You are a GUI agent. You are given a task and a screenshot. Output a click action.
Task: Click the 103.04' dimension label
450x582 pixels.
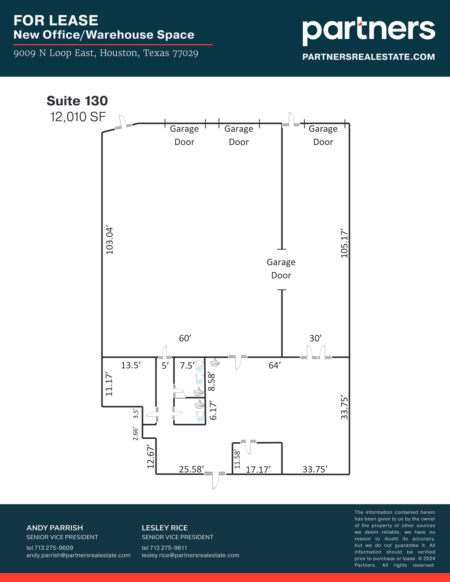109,241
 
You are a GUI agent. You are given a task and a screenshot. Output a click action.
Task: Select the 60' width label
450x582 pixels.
185,338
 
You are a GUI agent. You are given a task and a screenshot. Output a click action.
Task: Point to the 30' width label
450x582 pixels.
315,338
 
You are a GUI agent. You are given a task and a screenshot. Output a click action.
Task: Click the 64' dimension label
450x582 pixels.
275,365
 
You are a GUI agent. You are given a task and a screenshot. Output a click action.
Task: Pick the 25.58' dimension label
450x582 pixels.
191,469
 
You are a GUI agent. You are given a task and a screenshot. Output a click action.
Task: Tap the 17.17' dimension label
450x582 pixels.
258,469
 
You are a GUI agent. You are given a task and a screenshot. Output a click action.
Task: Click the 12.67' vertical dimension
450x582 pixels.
151,456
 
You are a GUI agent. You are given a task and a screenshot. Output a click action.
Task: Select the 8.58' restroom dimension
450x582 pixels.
212,382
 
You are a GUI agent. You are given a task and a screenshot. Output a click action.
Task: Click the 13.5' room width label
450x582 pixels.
131,365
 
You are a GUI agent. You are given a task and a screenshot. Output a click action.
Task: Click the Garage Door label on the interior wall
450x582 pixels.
281,269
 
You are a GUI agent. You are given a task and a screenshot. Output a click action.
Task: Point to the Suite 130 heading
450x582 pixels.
77,101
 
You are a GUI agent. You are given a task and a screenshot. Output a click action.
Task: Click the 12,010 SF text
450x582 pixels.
78,117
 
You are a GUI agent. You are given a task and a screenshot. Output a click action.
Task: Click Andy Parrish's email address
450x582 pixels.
78,555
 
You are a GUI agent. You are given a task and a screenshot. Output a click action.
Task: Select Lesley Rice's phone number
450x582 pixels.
164,548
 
